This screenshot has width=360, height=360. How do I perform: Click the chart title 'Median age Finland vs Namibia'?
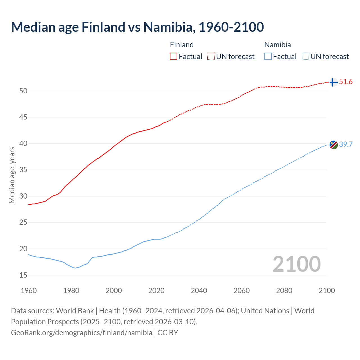pos(137,27)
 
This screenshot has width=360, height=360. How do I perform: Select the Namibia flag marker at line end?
pos(334,145)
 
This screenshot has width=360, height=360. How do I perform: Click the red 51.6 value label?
pos(346,82)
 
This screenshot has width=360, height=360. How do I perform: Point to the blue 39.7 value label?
pos(346,144)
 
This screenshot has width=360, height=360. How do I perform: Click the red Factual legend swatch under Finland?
pos(174,57)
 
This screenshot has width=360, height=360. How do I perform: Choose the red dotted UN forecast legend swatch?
pos(211,57)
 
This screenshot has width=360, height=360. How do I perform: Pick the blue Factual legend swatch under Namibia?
pos(268,57)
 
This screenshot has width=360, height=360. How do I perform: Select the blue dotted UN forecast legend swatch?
pos(305,57)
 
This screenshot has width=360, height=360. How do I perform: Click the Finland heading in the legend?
pos(182,45)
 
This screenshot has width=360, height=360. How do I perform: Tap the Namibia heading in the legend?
pos(277,45)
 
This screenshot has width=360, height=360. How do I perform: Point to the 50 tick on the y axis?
pos(23,91)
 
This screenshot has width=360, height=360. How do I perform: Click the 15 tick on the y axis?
pos(23,275)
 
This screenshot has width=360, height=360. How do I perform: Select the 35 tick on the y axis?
pos(23,170)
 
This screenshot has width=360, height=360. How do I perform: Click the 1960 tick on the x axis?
pos(29,291)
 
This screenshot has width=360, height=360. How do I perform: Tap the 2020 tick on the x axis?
pos(156,291)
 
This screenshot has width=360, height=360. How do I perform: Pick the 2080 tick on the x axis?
pos(284,291)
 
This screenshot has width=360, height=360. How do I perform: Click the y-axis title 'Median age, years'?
pos(12,175)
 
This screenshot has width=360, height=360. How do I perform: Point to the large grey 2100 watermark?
pos(296,264)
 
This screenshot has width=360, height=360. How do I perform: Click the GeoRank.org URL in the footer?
pos(82,333)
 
